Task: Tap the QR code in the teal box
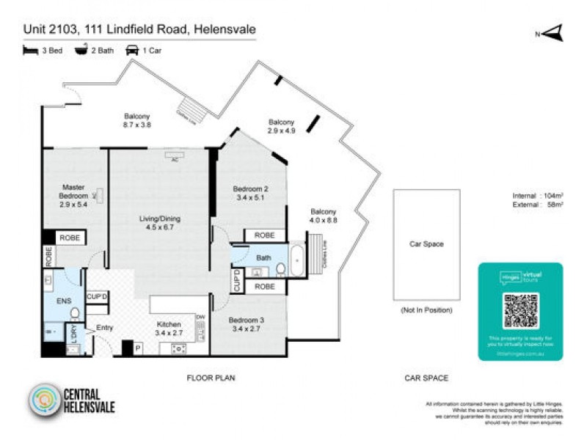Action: point(520,310)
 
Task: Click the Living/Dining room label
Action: point(160,223)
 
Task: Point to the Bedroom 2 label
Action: point(250,193)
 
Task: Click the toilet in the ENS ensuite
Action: point(74,313)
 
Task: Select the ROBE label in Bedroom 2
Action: point(265,235)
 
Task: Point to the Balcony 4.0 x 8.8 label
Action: point(323,216)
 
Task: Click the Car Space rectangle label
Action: point(426,244)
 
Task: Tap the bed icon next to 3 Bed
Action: point(30,51)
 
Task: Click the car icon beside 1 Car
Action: point(133,51)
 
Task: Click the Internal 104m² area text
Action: point(537,196)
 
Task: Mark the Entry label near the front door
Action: point(104,327)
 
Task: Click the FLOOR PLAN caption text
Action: point(211,378)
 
